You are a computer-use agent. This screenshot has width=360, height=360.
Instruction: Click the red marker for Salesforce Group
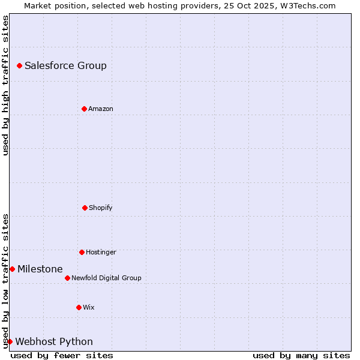point(19,65)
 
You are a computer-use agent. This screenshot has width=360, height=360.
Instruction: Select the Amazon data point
point(84,109)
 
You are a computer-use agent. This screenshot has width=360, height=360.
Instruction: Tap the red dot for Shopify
point(85,208)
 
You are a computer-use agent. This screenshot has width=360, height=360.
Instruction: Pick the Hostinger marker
point(82,252)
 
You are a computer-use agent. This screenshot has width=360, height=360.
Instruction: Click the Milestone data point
point(12,269)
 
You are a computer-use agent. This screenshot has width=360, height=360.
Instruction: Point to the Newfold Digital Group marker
point(67,278)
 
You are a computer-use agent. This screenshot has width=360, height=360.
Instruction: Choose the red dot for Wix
point(79,307)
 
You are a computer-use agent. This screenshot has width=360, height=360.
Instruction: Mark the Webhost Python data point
point(10,341)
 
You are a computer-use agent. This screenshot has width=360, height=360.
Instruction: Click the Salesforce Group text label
point(65,65)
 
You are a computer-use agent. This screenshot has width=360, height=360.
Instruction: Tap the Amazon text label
point(101,109)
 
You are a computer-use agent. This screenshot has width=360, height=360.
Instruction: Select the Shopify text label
point(101,208)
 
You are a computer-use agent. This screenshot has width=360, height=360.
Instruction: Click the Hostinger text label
point(101,252)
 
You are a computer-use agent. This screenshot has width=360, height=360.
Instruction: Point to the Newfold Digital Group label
point(106,278)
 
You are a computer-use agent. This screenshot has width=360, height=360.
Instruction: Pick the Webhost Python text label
point(54,341)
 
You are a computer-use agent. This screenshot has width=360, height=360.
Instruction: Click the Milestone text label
point(40,269)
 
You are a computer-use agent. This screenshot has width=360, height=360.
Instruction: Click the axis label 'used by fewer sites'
point(62,355)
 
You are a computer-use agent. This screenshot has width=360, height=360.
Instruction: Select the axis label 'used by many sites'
point(301,355)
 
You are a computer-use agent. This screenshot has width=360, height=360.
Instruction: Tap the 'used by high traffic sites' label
point(5,85)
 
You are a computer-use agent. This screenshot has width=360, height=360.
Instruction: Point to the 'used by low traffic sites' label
point(5,281)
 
